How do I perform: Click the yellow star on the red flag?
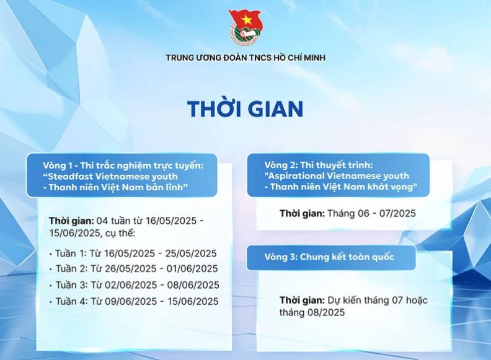click(247, 20)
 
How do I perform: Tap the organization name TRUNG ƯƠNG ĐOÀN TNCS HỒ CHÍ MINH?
click(245, 58)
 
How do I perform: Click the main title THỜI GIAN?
click(245, 108)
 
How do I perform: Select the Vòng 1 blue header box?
click(122, 175)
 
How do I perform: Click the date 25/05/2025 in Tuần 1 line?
click(191, 253)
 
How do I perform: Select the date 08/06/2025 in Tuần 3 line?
click(193, 285)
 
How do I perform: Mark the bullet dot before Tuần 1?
click(50, 255)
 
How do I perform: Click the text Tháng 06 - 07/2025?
click(371, 214)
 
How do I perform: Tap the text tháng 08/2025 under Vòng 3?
click(312, 312)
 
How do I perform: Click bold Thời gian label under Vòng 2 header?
click(302, 214)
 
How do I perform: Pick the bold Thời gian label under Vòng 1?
click(71, 221)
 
